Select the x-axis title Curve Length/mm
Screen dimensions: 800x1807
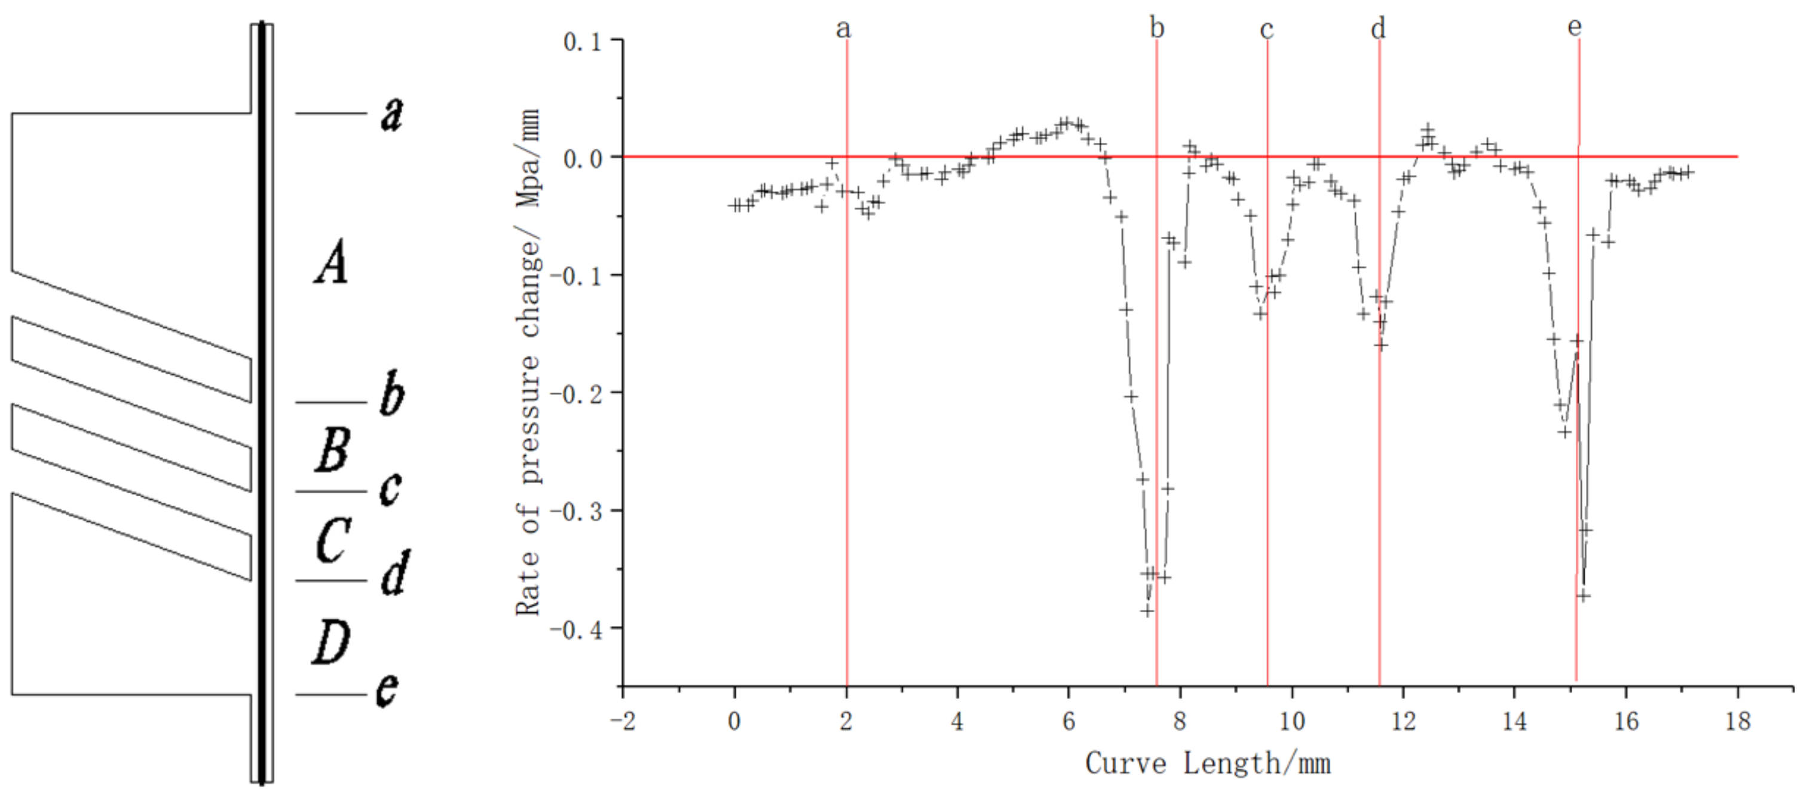pos(1208,764)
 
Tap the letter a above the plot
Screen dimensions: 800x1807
pos(843,29)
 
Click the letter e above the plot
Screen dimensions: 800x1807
pos(1575,27)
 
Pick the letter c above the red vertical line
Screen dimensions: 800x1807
pos(1266,29)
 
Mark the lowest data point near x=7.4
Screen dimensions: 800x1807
pos(1146,610)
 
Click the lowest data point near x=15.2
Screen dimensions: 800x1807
pos(1584,596)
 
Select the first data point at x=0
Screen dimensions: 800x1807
pos(734,205)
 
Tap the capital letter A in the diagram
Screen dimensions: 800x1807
pos(330,262)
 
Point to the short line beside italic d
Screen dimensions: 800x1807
pos(330,581)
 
